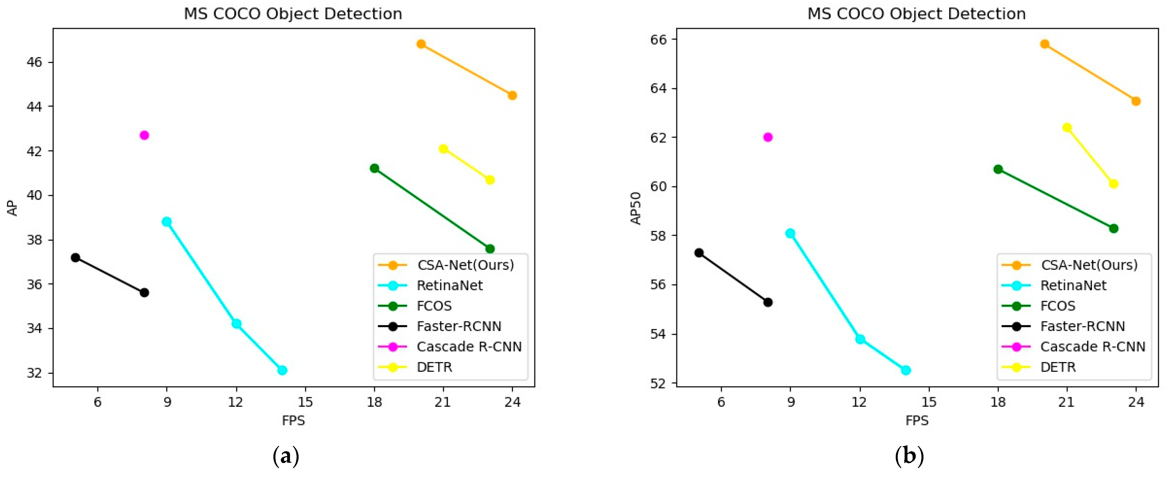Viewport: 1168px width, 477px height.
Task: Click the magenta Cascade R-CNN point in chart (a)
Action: pyautogui.click(x=144, y=135)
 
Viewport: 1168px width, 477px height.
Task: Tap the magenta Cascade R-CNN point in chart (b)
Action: pyautogui.click(x=768, y=137)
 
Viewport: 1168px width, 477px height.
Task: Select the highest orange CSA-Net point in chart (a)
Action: pyautogui.click(x=421, y=44)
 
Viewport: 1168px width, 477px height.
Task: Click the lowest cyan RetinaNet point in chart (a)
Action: pyautogui.click(x=282, y=370)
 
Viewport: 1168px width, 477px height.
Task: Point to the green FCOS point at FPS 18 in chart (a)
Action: pyautogui.click(x=374, y=168)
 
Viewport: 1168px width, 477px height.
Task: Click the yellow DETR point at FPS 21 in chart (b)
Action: pyautogui.click(x=1067, y=128)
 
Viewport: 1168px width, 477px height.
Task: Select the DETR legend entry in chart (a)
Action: pyautogui.click(x=434, y=367)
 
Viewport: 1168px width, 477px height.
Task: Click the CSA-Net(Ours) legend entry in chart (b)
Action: pyautogui.click(x=1088, y=265)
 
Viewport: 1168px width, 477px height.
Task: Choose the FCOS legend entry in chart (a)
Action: pyautogui.click(x=434, y=306)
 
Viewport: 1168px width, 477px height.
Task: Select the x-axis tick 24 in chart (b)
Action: pyautogui.click(x=1136, y=402)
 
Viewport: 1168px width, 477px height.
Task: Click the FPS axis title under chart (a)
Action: pyautogui.click(x=293, y=421)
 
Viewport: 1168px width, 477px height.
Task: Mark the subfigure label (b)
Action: pyautogui.click(x=909, y=455)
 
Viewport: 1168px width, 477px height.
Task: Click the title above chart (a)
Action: pyautogui.click(x=293, y=14)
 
